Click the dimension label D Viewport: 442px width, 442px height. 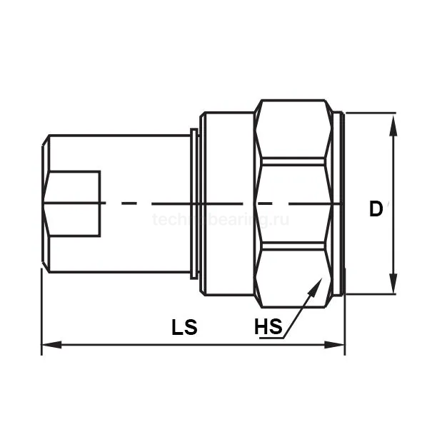click(376, 209)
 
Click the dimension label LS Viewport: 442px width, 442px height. click(184, 328)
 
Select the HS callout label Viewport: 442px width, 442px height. click(268, 328)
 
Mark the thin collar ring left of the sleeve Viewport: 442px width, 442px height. click(195, 204)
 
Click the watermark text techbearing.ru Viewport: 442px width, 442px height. click(221, 221)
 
